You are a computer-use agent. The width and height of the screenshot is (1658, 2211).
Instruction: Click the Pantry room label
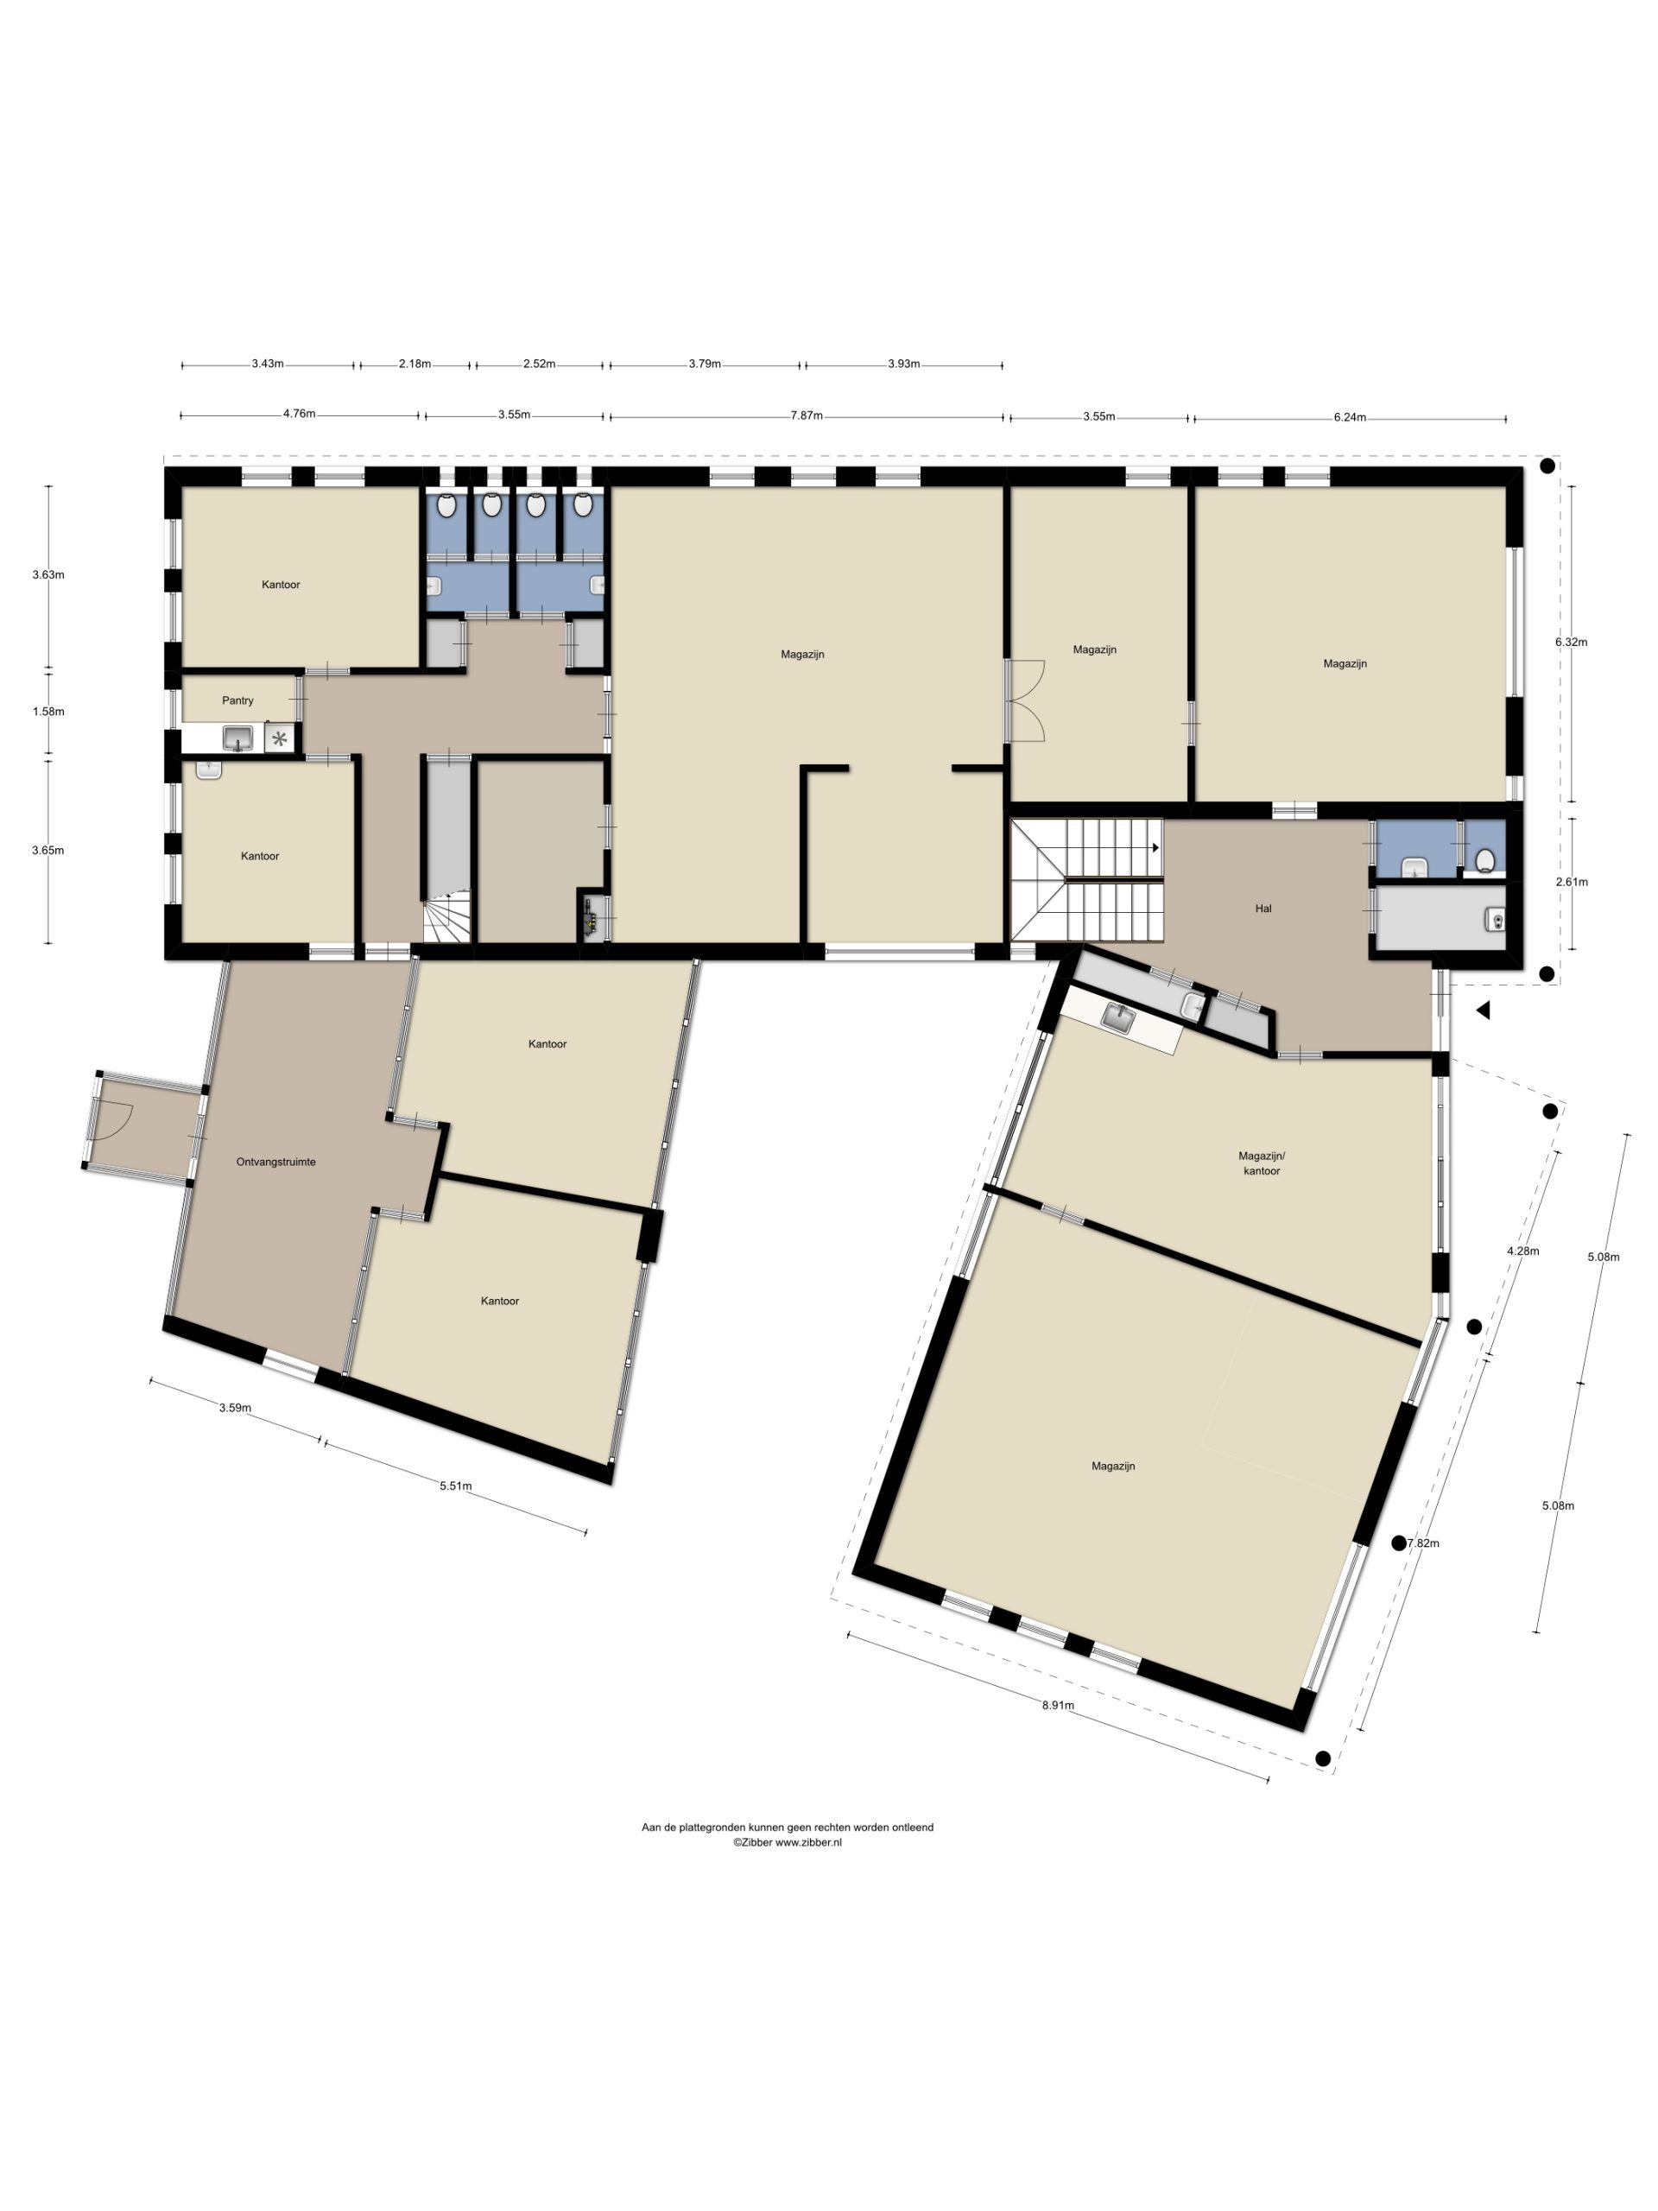(237, 700)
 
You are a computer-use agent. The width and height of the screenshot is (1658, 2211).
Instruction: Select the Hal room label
(1263, 909)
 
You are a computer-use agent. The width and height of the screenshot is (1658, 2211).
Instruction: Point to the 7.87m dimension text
(807, 415)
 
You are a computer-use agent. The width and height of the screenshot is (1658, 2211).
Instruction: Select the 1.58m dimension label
(48, 712)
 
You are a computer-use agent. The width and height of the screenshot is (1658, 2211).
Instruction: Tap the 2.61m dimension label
(1571, 882)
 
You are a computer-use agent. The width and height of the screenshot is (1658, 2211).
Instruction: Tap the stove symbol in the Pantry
(280, 738)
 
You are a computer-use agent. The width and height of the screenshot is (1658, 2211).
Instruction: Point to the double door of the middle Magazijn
(1024, 700)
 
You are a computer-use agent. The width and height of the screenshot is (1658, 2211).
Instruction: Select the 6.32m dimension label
(1571, 642)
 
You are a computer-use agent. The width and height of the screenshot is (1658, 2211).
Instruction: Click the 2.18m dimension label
(414, 364)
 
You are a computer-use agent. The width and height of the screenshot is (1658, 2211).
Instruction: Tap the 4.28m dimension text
(1523, 1251)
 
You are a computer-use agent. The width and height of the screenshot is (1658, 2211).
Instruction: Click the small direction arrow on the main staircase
(1155, 847)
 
